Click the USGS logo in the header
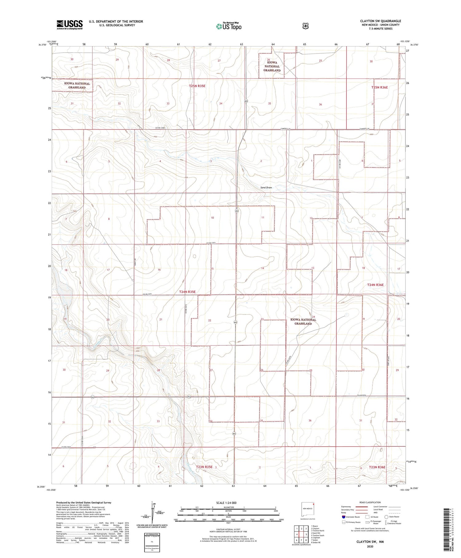(69, 25)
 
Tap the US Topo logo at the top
(229, 26)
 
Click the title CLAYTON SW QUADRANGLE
(380, 21)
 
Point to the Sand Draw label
(266, 187)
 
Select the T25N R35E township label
(197, 86)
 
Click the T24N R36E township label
(375, 285)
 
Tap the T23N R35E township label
(204, 467)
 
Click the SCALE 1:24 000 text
(226, 503)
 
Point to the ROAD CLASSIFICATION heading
(370, 502)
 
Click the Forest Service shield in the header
(305, 26)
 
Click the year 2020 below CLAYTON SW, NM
(370, 547)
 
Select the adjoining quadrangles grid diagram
(301, 535)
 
